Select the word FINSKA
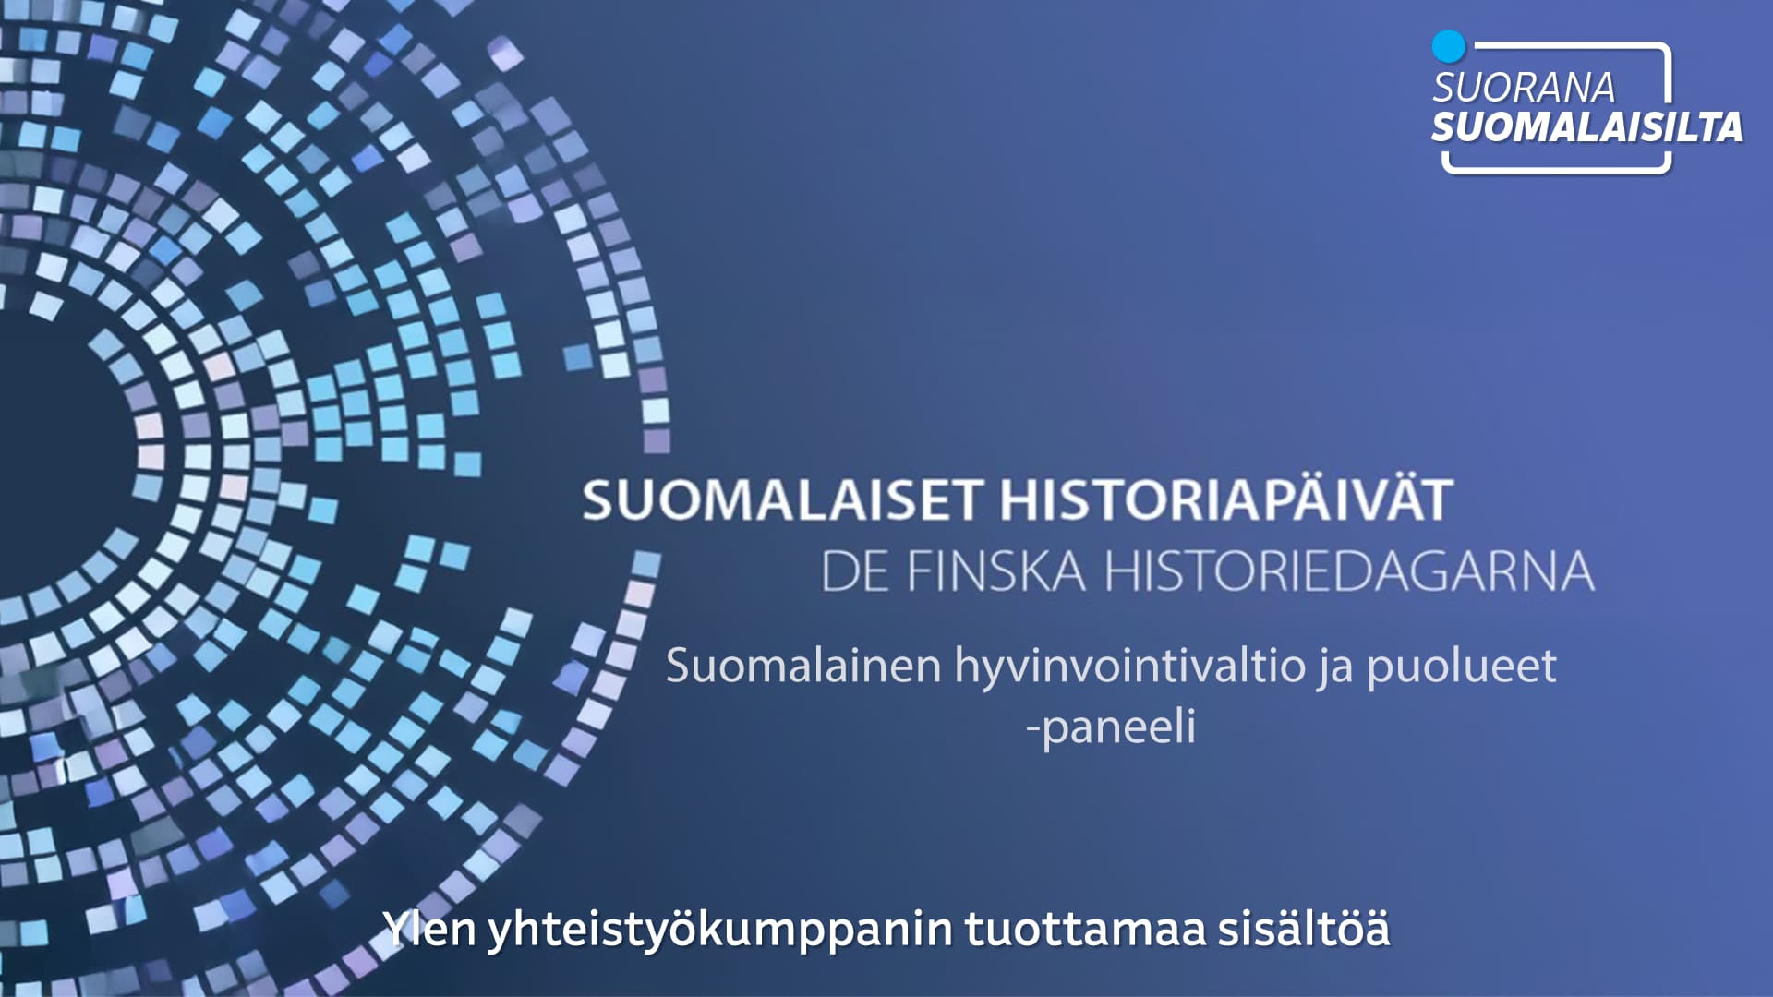pyautogui.click(x=996, y=571)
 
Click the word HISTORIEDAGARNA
pyautogui.click(x=1349, y=571)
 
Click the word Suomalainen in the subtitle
pyautogui.click(x=803, y=666)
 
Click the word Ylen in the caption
pyautogui.click(x=429, y=928)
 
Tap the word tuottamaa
pyautogui.click(x=1086, y=929)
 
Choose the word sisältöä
pyautogui.click(x=1304, y=928)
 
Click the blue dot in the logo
pyautogui.click(x=1449, y=46)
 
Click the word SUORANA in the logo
pyautogui.click(x=1524, y=88)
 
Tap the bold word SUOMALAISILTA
pyautogui.click(x=1586, y=126)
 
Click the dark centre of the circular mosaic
pyautogui.click(x=46, y=452)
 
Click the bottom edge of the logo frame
pyautogui.click(x=1557, y=170)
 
